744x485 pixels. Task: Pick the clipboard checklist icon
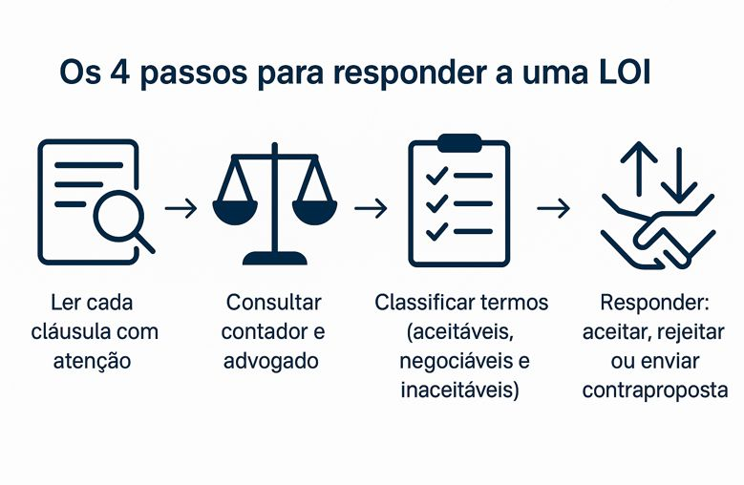459,200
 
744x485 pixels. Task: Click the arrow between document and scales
181,207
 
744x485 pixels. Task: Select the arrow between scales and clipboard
371,207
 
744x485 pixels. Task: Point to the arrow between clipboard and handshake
554,207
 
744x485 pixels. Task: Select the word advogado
273,362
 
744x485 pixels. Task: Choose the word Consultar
273,303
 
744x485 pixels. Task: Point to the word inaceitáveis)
461,390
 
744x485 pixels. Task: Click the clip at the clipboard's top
459,141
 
